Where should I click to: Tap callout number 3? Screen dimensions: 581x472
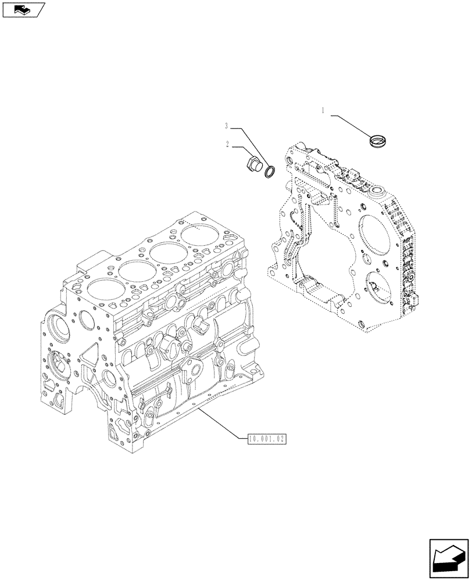[x=228, y=125]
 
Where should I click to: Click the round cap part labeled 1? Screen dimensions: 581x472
[x=379, y=139]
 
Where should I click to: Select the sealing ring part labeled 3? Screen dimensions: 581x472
[x=270, y=171]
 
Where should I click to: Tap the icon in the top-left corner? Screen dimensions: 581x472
[x=23, y=9]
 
